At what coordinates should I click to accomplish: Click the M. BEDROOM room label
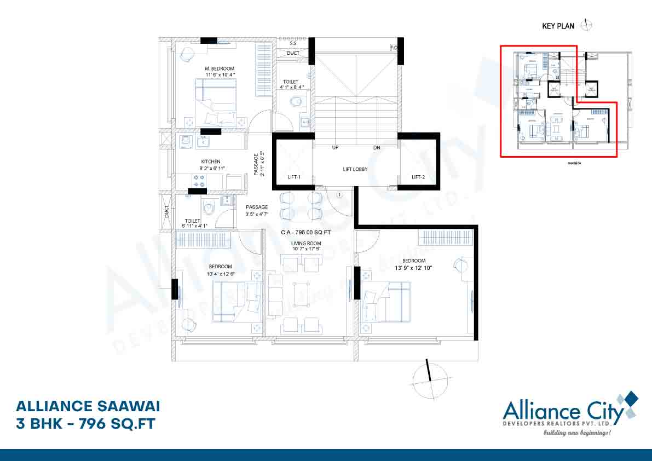click(x=220, y=69)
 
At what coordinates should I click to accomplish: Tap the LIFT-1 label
click(x=295, y=177)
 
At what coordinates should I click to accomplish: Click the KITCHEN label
click(x=210, y=162)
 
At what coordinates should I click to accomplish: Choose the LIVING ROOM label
click(x=306, y=243)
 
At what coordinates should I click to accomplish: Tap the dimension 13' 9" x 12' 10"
click(x=414, y=268)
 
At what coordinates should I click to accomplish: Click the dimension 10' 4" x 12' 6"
click(x=220, y=274)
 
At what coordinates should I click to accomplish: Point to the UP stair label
click(x=334, y=148)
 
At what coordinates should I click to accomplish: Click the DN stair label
click(x=377, y=148)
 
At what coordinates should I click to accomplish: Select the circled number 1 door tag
click(x=339, y=194)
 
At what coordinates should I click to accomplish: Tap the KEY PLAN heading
click(x=558, y=26)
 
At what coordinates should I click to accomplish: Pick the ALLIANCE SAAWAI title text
click(x=88, y=406)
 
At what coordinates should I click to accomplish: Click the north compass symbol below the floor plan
click(x=430, y=378)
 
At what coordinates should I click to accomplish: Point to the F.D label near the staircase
click(x=393, y=48)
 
